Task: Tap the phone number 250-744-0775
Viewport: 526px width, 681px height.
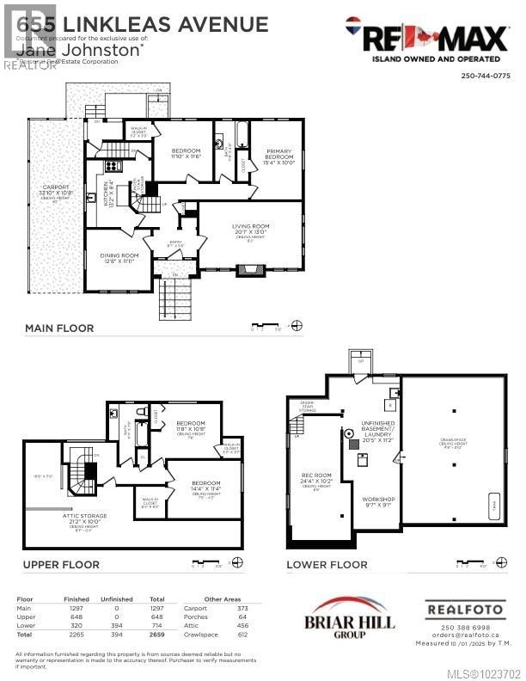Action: coord(486,75)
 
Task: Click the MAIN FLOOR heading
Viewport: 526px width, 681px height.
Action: coord(59,328)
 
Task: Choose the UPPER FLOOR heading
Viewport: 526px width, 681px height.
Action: coord(62,565)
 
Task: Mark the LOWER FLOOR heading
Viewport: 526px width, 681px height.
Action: coord(327,565)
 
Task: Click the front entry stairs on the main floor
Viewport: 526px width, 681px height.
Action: coord(174,297)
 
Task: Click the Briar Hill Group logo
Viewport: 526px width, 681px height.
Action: coord(337,618)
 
